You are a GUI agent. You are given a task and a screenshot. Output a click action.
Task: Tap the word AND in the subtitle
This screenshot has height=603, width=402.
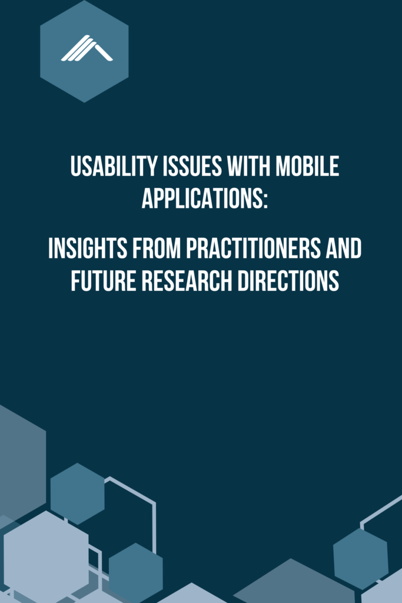click(345, 249)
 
